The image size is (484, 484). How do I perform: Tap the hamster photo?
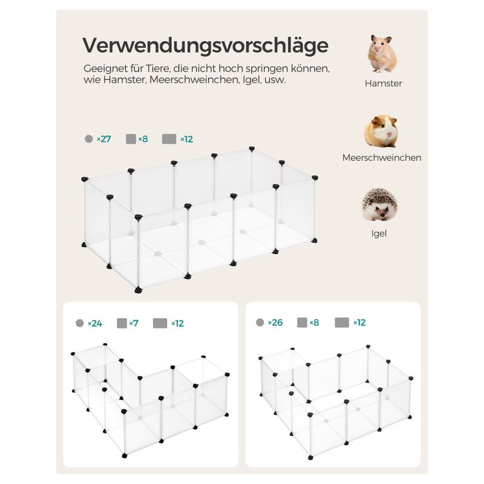(x=382, y=54)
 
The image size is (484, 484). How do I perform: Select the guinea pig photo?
(x=381, y=131)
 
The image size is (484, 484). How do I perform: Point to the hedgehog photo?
(x=379, y=204)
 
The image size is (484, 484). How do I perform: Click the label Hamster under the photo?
(x=383, y=83)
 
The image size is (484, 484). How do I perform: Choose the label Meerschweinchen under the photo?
(x=382, y=158)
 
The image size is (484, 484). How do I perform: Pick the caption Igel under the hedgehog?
(x=379, y=234)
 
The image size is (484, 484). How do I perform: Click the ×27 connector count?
(x=103, y=139)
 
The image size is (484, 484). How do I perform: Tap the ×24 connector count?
(x=95, y=324)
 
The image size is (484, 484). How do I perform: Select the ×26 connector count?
(x=275, y=322)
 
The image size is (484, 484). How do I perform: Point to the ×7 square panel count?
(x=134, y=323)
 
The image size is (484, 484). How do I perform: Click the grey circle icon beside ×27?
(x=88, y=139)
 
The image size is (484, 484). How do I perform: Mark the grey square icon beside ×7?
(x=122, y=323)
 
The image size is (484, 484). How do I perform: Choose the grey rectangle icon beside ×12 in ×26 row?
(x=342, y=322)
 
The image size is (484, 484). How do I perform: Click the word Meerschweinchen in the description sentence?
(x=194, y=80)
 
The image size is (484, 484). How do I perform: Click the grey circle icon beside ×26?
(x=260, y=322)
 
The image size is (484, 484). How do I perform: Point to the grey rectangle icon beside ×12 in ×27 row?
(x=169, y=139)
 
